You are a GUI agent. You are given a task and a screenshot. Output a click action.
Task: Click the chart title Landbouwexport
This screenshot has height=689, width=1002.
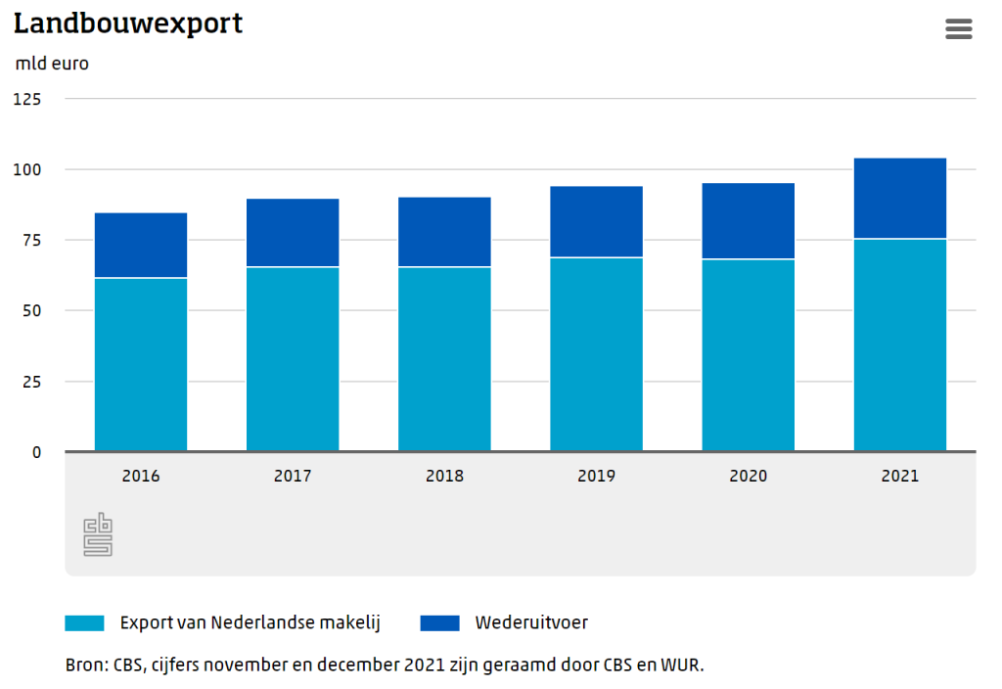[128, 23]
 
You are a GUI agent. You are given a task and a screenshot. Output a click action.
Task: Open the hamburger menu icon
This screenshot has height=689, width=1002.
[959, 29]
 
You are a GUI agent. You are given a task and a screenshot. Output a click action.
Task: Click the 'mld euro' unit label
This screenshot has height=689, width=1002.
[52, 64]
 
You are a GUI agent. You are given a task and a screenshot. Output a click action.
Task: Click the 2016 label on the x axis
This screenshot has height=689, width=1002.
[141, 477]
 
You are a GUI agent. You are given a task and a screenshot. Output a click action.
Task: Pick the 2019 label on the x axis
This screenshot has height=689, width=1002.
[596, 477]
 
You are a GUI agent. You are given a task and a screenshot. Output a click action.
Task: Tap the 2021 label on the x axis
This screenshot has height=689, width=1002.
[899, 477]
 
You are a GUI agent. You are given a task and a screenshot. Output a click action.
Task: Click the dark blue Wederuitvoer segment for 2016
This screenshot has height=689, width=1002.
[141, 246]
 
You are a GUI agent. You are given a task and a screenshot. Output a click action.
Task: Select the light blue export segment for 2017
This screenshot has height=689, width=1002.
[293, 358]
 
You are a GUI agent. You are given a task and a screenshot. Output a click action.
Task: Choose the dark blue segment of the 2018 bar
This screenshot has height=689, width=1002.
[444, 232]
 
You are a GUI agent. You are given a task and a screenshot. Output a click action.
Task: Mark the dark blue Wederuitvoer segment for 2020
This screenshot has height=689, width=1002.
[748, 221]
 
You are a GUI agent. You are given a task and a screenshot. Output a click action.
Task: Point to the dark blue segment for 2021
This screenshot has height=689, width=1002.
[899, 199]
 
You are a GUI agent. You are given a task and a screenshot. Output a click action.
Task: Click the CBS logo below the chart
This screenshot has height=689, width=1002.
[97, 534]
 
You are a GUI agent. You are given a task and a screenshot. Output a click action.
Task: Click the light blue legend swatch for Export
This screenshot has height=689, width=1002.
[84, 622]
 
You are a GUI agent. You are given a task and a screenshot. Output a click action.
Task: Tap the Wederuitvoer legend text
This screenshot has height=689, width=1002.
[531, 622]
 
